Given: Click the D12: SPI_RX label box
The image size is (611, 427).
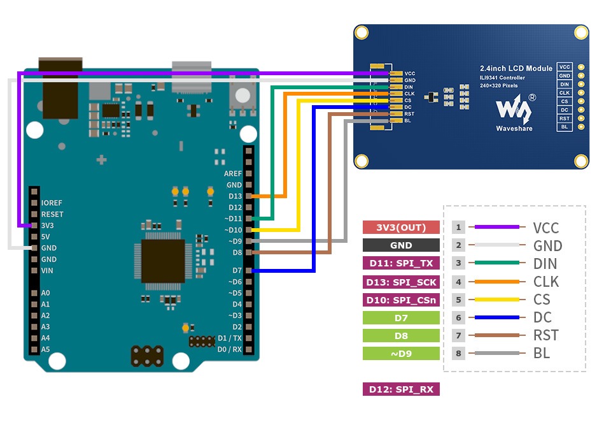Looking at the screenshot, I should coord(401,389).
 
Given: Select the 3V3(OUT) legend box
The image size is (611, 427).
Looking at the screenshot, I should coord(401,228).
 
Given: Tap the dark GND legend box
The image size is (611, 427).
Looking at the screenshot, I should coord(401,245).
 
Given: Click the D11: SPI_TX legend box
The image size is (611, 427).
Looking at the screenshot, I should coord(401,263).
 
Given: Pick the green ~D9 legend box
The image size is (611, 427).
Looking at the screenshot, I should coord(401,353).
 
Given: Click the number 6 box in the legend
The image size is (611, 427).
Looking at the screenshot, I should coord(458,317).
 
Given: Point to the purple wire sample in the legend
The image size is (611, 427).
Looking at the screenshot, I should coord(497,227).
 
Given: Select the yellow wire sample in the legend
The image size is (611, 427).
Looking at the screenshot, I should coord(497,299).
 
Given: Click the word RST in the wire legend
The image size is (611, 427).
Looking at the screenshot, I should coord(545,335).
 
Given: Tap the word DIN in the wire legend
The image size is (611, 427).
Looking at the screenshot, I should coord(545,264).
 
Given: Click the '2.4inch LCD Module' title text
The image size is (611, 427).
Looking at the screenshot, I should coord(516,68).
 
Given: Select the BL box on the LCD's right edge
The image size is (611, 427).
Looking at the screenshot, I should coord(564,127).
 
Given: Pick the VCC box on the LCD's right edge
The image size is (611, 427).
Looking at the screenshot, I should coord(564,67).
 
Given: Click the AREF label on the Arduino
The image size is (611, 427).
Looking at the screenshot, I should coord(233,173).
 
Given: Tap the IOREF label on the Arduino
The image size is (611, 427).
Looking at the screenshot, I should coord(52,203).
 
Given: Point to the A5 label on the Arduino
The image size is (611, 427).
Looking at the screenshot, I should coord(45,349).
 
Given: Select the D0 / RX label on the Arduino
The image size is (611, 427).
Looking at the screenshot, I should coord(229,349).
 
